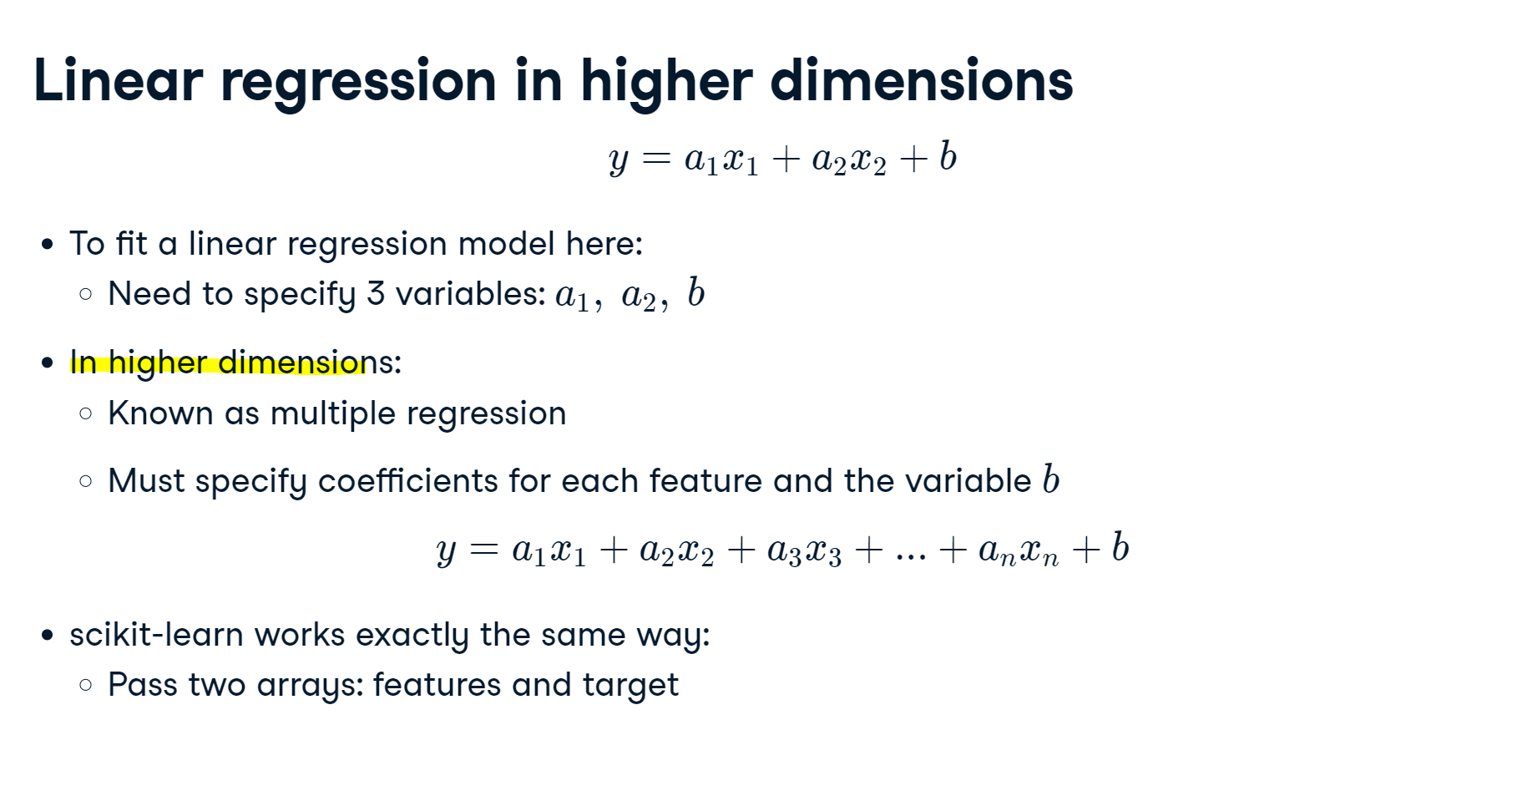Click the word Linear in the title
coord(118,81)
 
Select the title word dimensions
coord(921,81)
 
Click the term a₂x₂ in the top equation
coord(849,159)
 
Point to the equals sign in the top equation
coord(657,158)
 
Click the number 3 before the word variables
coord(376,294)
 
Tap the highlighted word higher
coord(158,363)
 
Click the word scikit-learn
coord(157,635)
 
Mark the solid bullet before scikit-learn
coord(48,636)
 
